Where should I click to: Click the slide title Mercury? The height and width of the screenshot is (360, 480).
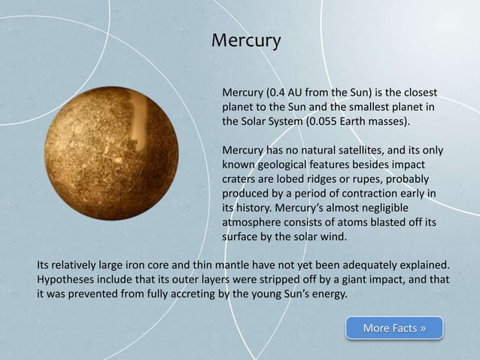(x=245, y=39)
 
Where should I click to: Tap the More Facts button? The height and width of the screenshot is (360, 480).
(x=394, y=328)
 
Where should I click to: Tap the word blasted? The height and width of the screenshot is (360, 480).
(x=385, y=222)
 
